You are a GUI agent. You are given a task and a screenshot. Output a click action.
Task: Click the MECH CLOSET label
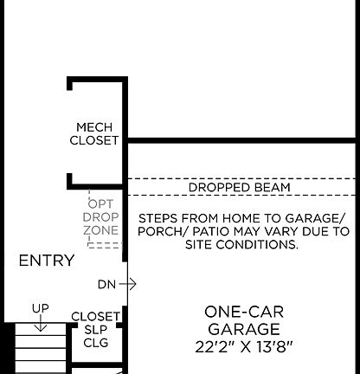coord(94,133)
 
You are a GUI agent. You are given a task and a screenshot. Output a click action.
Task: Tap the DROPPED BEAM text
coord(240,188)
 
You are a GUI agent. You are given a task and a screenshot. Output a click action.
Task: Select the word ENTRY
coord(46,261)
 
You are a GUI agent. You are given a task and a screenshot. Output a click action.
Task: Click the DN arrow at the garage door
coord(130,284)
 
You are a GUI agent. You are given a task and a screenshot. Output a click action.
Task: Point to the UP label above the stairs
coord(40,308)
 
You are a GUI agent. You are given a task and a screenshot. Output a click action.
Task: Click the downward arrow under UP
coord(40,325)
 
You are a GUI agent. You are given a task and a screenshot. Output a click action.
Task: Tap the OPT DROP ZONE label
coord(101,216)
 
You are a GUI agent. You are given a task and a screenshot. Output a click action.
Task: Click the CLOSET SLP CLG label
coord(95,330)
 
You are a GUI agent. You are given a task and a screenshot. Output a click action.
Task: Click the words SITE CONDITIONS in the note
coord(242,246)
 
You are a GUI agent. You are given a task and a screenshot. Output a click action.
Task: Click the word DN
coord(106,284)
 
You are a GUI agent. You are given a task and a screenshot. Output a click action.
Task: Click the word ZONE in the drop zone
coord(101,231)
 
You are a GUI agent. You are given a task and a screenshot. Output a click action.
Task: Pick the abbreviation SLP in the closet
coord(95,330)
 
